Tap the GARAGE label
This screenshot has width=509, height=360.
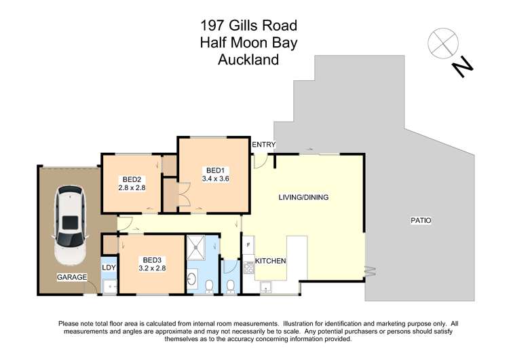pyautogui.click(x=71, y=278)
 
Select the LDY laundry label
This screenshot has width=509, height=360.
pyautogui.click(x=109, y=267)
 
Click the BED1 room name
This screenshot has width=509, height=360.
pyautogui.click(x=215, y=170)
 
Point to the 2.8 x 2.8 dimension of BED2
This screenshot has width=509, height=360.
pyautogui.click(x=133, y=188)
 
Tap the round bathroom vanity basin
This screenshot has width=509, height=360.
pyautogui.click(x=192, y=279)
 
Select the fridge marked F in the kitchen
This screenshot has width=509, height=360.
pyautogui.click(x=248, y=245)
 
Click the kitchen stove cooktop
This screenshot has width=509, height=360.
pyautogui.click(x=248, y=269)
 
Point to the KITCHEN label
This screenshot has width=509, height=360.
pyautogui.click(x=270, y=261)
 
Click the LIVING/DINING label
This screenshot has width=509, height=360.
pyautogui.click(x=303, y=198)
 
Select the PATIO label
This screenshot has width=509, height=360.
pyautogui.click(x=421, y=220)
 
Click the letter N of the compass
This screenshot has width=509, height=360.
pyautogui.click(x=463, y=67)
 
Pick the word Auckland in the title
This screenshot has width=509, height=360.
pyautogui.click(x=248, y=60)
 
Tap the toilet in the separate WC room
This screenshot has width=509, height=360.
pyautogui.click(x=231, y=285)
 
